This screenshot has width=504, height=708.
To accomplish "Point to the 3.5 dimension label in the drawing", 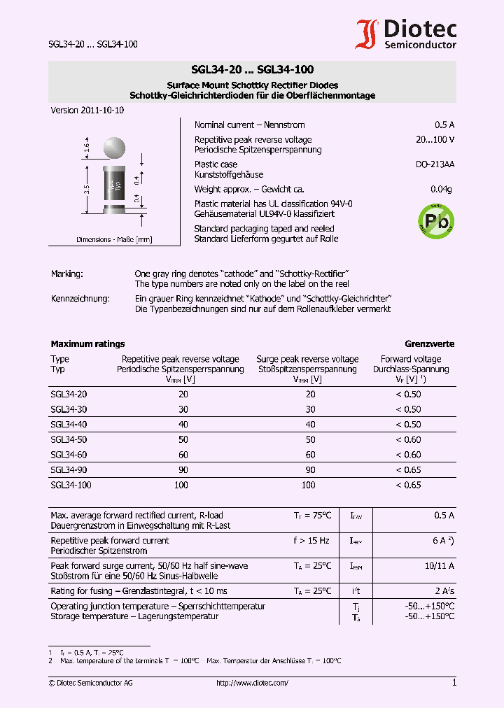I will tap(87, 189).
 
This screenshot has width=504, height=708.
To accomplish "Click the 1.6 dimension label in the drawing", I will tap(87, 148).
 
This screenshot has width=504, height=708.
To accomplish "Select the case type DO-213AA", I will tap(435, 164).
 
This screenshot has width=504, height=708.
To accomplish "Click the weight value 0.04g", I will tap(441, 190).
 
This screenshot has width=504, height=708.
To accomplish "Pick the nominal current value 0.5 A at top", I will tap(444, 125).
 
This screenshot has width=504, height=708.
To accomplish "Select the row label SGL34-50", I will tap(69, 439).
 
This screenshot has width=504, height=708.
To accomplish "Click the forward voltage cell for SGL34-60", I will tap(408, 455).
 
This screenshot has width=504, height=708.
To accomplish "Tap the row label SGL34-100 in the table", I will tap(71, 485).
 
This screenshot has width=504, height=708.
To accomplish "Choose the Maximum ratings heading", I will tap(87, 344).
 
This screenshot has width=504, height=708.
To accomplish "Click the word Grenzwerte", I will tap(429, 344).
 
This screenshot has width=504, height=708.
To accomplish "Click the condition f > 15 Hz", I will tap(311, 540).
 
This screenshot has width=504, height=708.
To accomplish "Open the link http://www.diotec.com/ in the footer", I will tap(252, 683).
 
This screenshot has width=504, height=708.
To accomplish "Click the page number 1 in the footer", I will tap(454, 683).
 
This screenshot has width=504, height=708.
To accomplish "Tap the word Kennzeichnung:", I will tap(80, 299).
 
